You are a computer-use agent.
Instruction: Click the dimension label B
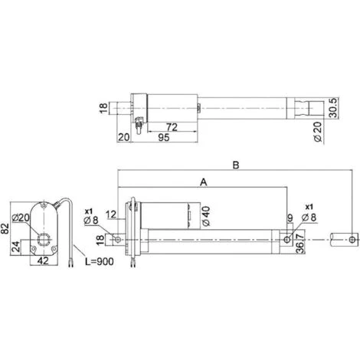click(236, 165)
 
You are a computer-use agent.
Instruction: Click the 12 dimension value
click(112, 214)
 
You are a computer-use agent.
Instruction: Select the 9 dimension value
click(290, 218)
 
